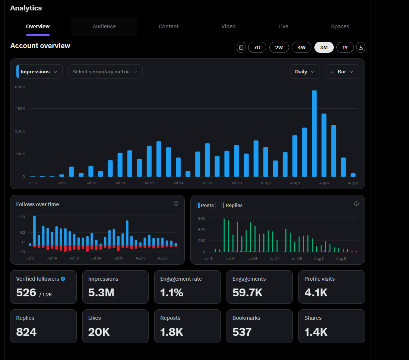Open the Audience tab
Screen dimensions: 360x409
click(104, 26)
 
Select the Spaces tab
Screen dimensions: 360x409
click(340, 26)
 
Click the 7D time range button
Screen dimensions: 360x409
click(257, 47)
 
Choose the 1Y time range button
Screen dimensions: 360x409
click(345, 47)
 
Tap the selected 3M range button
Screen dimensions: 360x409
click(324, 47)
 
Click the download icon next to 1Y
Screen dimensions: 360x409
click(361, 47)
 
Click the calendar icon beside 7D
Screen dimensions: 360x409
click(241, 47)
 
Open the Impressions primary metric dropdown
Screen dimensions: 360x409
click(39, 71)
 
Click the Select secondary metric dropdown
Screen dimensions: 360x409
click(105, 71)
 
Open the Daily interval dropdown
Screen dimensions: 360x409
click(305, 71)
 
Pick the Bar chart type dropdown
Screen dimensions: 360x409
click(342, 71)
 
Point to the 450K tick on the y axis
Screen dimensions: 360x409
click(20, 109)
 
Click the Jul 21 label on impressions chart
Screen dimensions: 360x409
click(149, 183)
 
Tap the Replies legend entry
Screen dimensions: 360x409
click(233, 205)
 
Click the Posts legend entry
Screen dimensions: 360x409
click(206, 205)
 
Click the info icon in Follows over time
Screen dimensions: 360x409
click(176, 204)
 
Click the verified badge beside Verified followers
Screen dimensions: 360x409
click(63, 279)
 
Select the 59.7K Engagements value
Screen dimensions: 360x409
click(247, 293)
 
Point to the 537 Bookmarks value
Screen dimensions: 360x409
click(242, 332)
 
